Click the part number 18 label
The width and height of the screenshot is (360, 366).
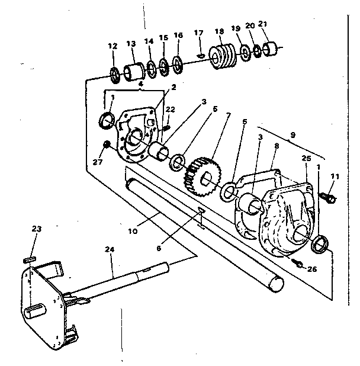click(x=219, y=31)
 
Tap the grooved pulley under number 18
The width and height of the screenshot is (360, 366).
click(x=223, y=57)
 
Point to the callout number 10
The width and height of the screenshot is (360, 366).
click(x=133, y=230)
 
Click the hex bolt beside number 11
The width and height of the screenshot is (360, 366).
click(x=329, y=196)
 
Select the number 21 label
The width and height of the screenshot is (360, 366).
click(x=263, y=24)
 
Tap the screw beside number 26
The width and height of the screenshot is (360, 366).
click(x=298, y=262)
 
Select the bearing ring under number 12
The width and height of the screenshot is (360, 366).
click(x=115, y=75)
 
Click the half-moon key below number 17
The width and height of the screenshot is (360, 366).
click(x=200, y=55)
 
